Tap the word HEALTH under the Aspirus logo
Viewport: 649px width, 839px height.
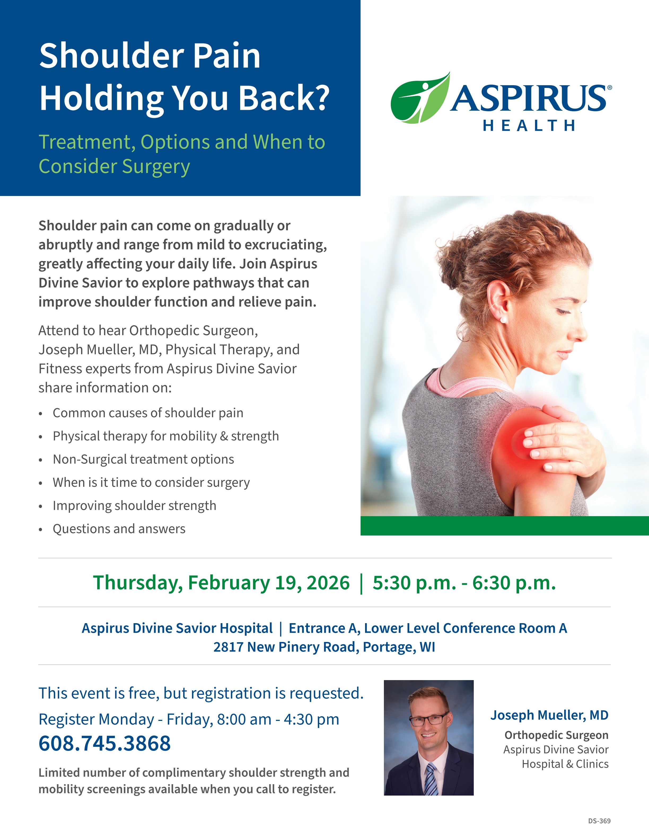pyautogui.click(x=529, y=126)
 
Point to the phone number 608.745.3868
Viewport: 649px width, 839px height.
pyautogui.click(x=104, y=743)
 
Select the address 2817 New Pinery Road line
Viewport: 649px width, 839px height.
pyautogui.click(x=324, y=647)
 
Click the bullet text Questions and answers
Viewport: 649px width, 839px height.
pyautogui.click(x=119, y=529)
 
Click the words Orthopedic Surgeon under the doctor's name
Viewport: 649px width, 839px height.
pyautogui.click(x=556, y=735)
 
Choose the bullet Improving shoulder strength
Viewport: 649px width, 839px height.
pyautogui.click(x=135, y=506)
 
